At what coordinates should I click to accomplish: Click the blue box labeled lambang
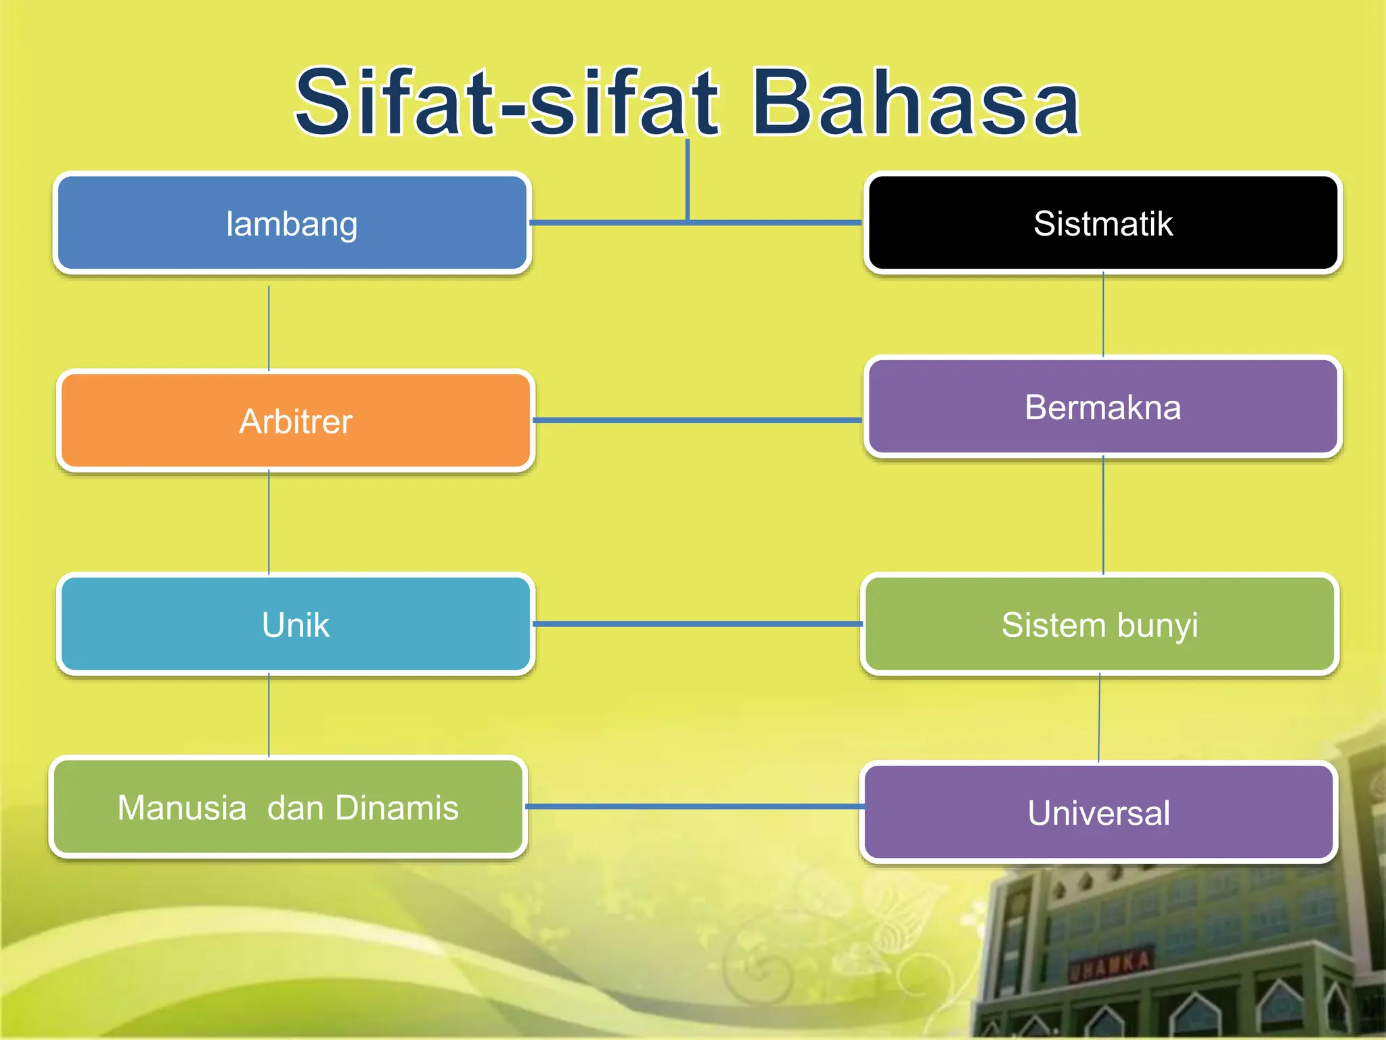[x=292, y=223]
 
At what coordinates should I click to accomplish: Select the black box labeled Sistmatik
[x=1102, y=223]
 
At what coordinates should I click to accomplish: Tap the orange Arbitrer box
[x=296, y=421]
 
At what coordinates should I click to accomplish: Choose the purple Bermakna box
[x=1102, y=407]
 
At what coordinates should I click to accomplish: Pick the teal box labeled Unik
[x=296, y=624]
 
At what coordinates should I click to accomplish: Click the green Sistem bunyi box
[x=1100, y=624]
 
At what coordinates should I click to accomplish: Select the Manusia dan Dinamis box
[x=288, y=807]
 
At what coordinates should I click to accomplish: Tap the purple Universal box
[x=1098, y=812]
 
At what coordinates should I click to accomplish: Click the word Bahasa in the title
[x=915, y=103]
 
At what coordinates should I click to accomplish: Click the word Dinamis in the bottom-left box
[x=397, y=807]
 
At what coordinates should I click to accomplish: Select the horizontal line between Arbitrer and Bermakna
[x=697, y=420]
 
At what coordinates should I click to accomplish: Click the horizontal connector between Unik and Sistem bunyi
[x=697, y=624]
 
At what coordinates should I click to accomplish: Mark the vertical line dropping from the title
[x=688, y=179]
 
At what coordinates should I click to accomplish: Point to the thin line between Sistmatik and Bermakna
[x=1103, y=315]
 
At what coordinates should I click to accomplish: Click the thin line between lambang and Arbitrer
[x=269, y=328]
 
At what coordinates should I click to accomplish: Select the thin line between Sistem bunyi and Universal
[x=1099, y=718]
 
